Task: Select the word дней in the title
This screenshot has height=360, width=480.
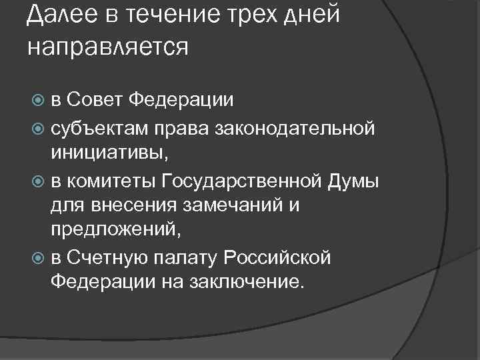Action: coord(312,15)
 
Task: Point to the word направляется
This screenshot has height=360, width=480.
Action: coord(109,48)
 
